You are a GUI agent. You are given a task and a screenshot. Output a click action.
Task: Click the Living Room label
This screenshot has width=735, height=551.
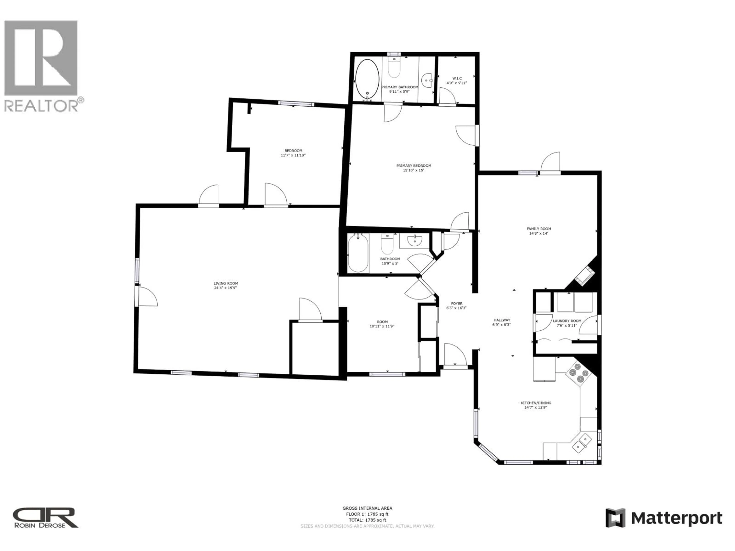click(x=226, y=283)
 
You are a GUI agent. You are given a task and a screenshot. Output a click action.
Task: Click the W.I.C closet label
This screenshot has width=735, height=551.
click(x=457, y=78)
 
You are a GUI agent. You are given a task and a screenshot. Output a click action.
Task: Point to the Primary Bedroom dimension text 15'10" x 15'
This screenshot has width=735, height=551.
click(x=413, y=170)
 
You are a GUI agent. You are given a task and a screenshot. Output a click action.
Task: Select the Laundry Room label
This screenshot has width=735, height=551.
click(x=567, y=321)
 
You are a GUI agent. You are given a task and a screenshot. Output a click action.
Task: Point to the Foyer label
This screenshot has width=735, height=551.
click(x=456, y=303)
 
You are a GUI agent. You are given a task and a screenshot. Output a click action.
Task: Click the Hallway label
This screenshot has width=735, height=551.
click(x=501, y=320)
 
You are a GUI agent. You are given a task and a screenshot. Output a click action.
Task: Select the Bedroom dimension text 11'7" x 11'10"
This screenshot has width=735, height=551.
click(x=293, y=155)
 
